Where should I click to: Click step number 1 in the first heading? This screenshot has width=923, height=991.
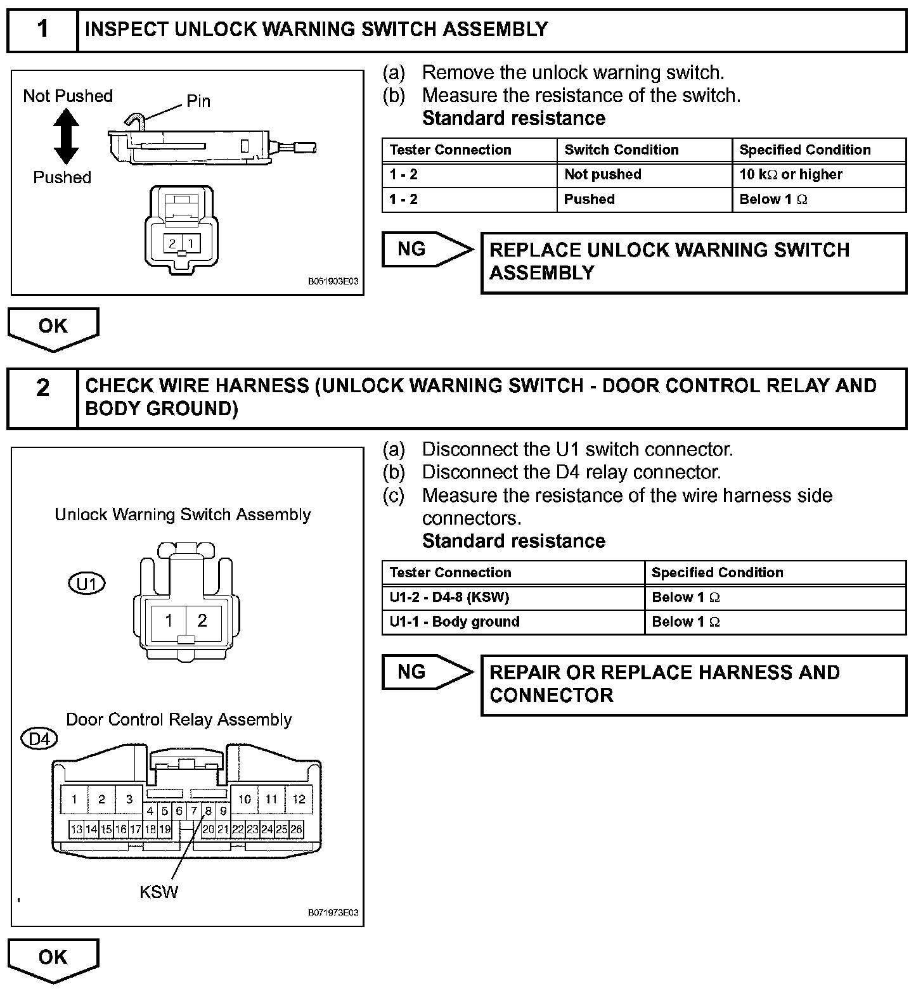coord(42,30)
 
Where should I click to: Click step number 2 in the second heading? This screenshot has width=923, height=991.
coord(42,387)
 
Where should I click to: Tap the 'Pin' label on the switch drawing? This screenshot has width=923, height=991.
coord(198,101)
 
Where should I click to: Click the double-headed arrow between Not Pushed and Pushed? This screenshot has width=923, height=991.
coord(67,136)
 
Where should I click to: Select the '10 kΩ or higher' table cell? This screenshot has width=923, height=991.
coord(791,175)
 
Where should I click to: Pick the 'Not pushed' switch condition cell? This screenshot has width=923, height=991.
coord(602,175)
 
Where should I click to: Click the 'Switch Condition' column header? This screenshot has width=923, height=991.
coord(621,150)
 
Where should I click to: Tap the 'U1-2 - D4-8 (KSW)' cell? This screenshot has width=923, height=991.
coord(449,598)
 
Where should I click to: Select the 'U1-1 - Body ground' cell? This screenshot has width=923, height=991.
coord(454,622)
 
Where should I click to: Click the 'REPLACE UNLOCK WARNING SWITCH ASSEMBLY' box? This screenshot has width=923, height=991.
coord(694,262)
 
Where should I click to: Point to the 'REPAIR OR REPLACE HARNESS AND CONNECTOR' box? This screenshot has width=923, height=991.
coord(694,684)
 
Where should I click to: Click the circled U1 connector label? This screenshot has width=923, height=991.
coord(86,584)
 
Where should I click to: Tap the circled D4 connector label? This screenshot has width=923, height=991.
coord(39,739)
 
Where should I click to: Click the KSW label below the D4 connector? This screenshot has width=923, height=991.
coord(158,892)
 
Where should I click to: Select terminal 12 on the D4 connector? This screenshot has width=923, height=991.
coord(299,800)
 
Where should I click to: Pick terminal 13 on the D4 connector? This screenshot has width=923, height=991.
coord(76,829)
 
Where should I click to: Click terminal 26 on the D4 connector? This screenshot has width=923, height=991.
coord(296,829)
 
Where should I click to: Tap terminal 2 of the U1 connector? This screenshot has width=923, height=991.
coord(202,620)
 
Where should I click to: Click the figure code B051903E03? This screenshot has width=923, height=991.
coord(333,281)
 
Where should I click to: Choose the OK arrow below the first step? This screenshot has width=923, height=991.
coord(53,328)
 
